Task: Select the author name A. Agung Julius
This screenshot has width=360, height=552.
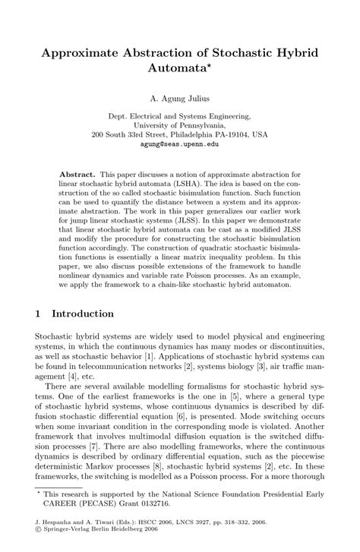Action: coord(179,98)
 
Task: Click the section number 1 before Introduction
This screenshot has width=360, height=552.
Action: coord(39,313)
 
